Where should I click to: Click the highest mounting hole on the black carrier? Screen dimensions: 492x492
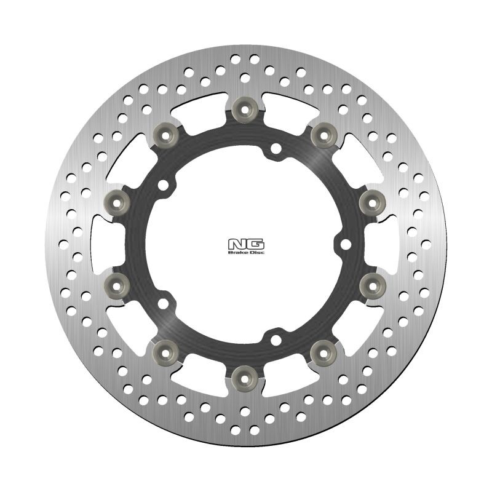click(276, 148)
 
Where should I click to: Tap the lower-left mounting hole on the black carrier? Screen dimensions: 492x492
click(164, 302)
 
